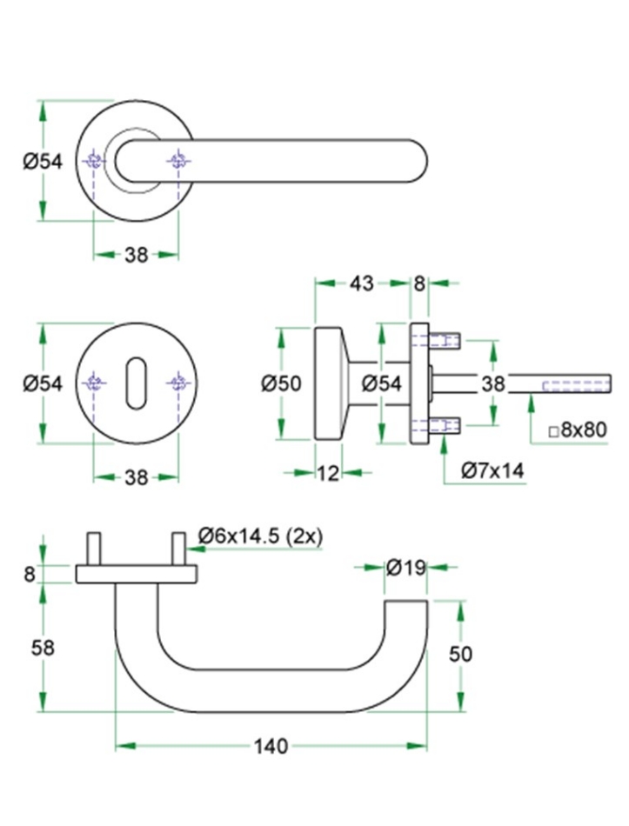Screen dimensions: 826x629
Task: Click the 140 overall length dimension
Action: point(271,746)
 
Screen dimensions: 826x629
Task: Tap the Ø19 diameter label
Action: point(405,568)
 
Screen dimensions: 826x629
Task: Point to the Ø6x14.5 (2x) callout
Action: point(260,536)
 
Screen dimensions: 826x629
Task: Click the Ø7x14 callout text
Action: point(493,470)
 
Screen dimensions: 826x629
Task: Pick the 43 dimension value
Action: point(362,283)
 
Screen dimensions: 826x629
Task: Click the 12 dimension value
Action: point(327,472)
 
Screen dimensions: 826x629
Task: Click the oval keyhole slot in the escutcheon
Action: point(137,383)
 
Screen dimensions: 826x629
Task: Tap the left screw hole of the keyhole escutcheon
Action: point(95,383)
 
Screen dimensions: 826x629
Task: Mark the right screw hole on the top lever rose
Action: point(178,160)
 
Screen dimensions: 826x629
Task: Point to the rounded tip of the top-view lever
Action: point(415,161)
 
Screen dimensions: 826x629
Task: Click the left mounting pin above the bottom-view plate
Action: point(93,549)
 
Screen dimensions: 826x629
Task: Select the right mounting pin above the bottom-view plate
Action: point(178,549)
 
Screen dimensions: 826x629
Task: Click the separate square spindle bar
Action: point(561,383)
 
